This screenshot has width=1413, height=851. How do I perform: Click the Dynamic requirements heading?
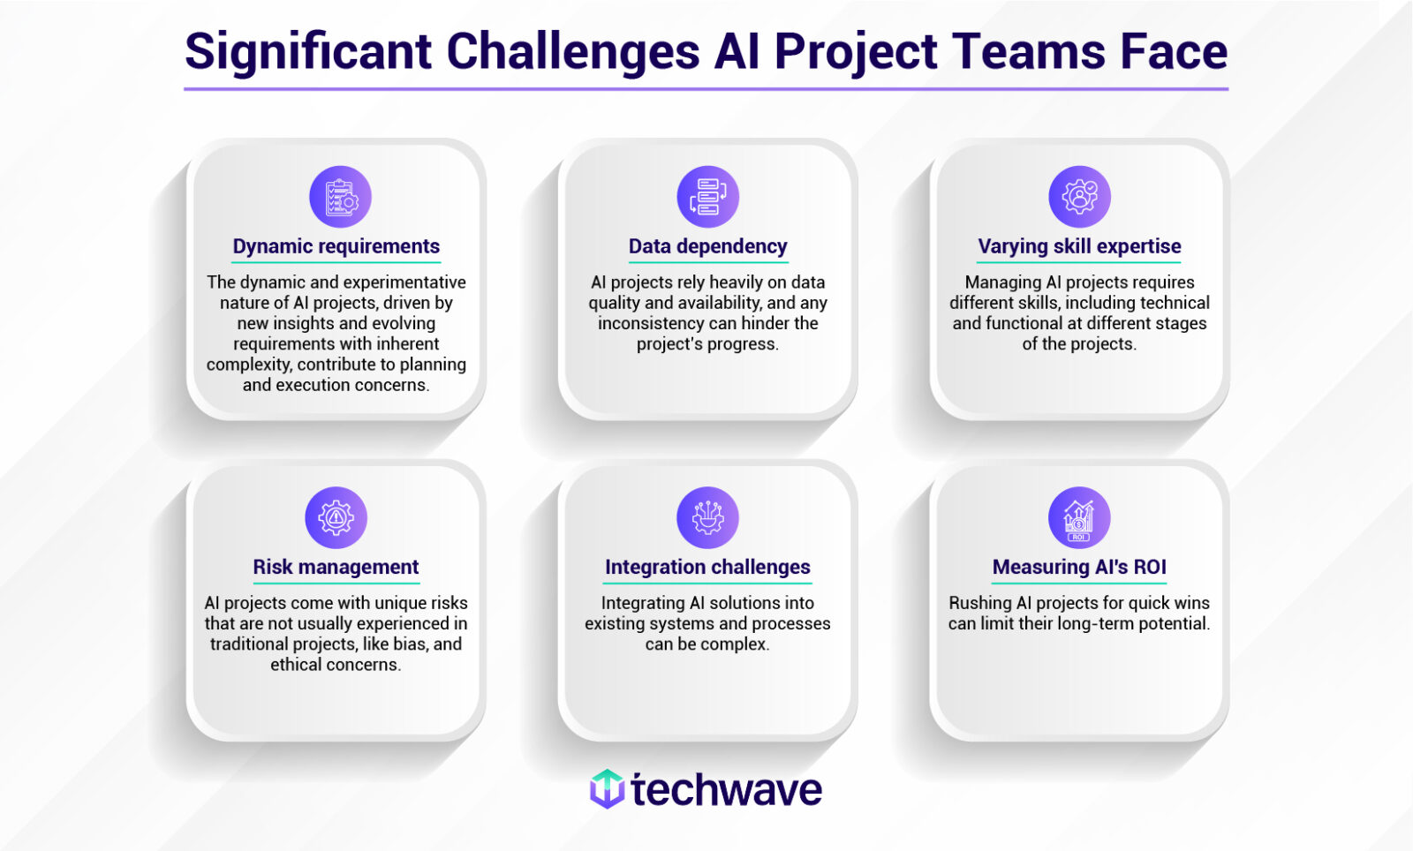[x=336, y=246]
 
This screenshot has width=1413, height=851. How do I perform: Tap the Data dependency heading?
[x=707, y=246]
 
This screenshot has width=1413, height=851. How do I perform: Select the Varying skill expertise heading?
[x=1079, y=246]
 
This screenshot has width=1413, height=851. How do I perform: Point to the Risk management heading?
[x=336, y=567]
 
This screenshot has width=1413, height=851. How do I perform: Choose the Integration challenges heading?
[x=707, y=567]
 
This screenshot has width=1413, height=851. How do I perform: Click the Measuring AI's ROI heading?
[x=1079, y=567]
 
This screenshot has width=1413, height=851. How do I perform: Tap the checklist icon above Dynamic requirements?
[x=340, y=197]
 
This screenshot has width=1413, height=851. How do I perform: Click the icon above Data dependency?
[x=707, y=197]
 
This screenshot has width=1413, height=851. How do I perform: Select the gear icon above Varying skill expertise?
[x=1079, y=197]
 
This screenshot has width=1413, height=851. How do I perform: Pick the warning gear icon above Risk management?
[x=336, y=517]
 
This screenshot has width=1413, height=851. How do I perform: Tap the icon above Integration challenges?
[x=707, y=517]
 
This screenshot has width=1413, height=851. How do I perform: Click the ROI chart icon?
[x=1079, y=517]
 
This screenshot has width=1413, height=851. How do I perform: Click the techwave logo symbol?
[x=607, y=788]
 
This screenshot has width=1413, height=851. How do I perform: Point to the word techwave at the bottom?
[x=726, y=790]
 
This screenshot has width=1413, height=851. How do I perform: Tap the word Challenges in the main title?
[x=573, y=51]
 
